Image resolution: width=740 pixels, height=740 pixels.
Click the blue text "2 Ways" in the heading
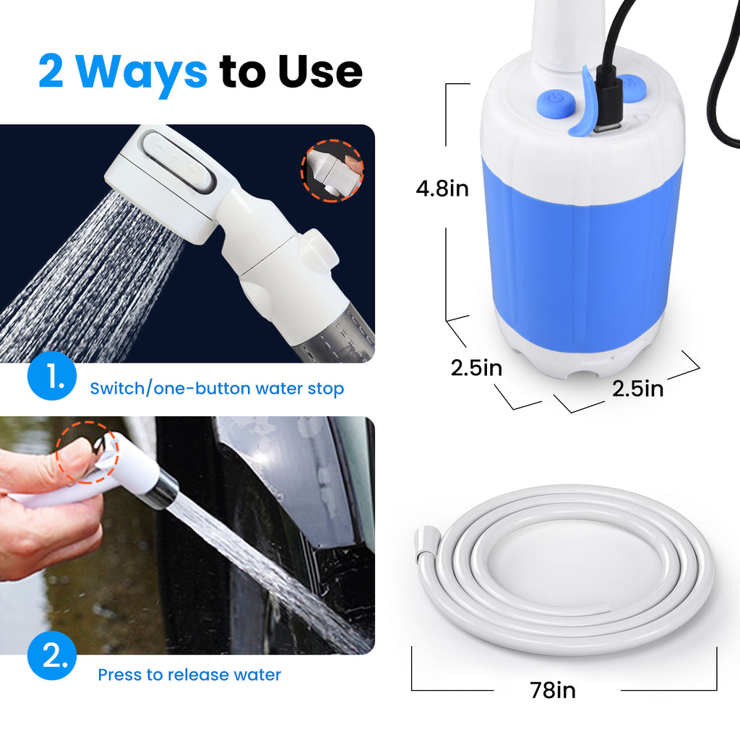123,71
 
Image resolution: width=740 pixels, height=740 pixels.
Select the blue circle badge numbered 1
51,375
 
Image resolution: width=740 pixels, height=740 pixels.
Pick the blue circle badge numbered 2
51,655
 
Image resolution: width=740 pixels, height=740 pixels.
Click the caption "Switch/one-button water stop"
217,389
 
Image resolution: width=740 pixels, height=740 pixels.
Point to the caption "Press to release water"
189,675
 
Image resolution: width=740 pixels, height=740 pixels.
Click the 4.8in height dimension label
442,189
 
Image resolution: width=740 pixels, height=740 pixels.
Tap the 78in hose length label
553,691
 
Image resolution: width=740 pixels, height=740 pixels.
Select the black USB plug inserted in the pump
608,105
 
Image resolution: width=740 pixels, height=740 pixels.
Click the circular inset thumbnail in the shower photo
332,170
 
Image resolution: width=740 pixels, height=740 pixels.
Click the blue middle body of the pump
582,246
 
